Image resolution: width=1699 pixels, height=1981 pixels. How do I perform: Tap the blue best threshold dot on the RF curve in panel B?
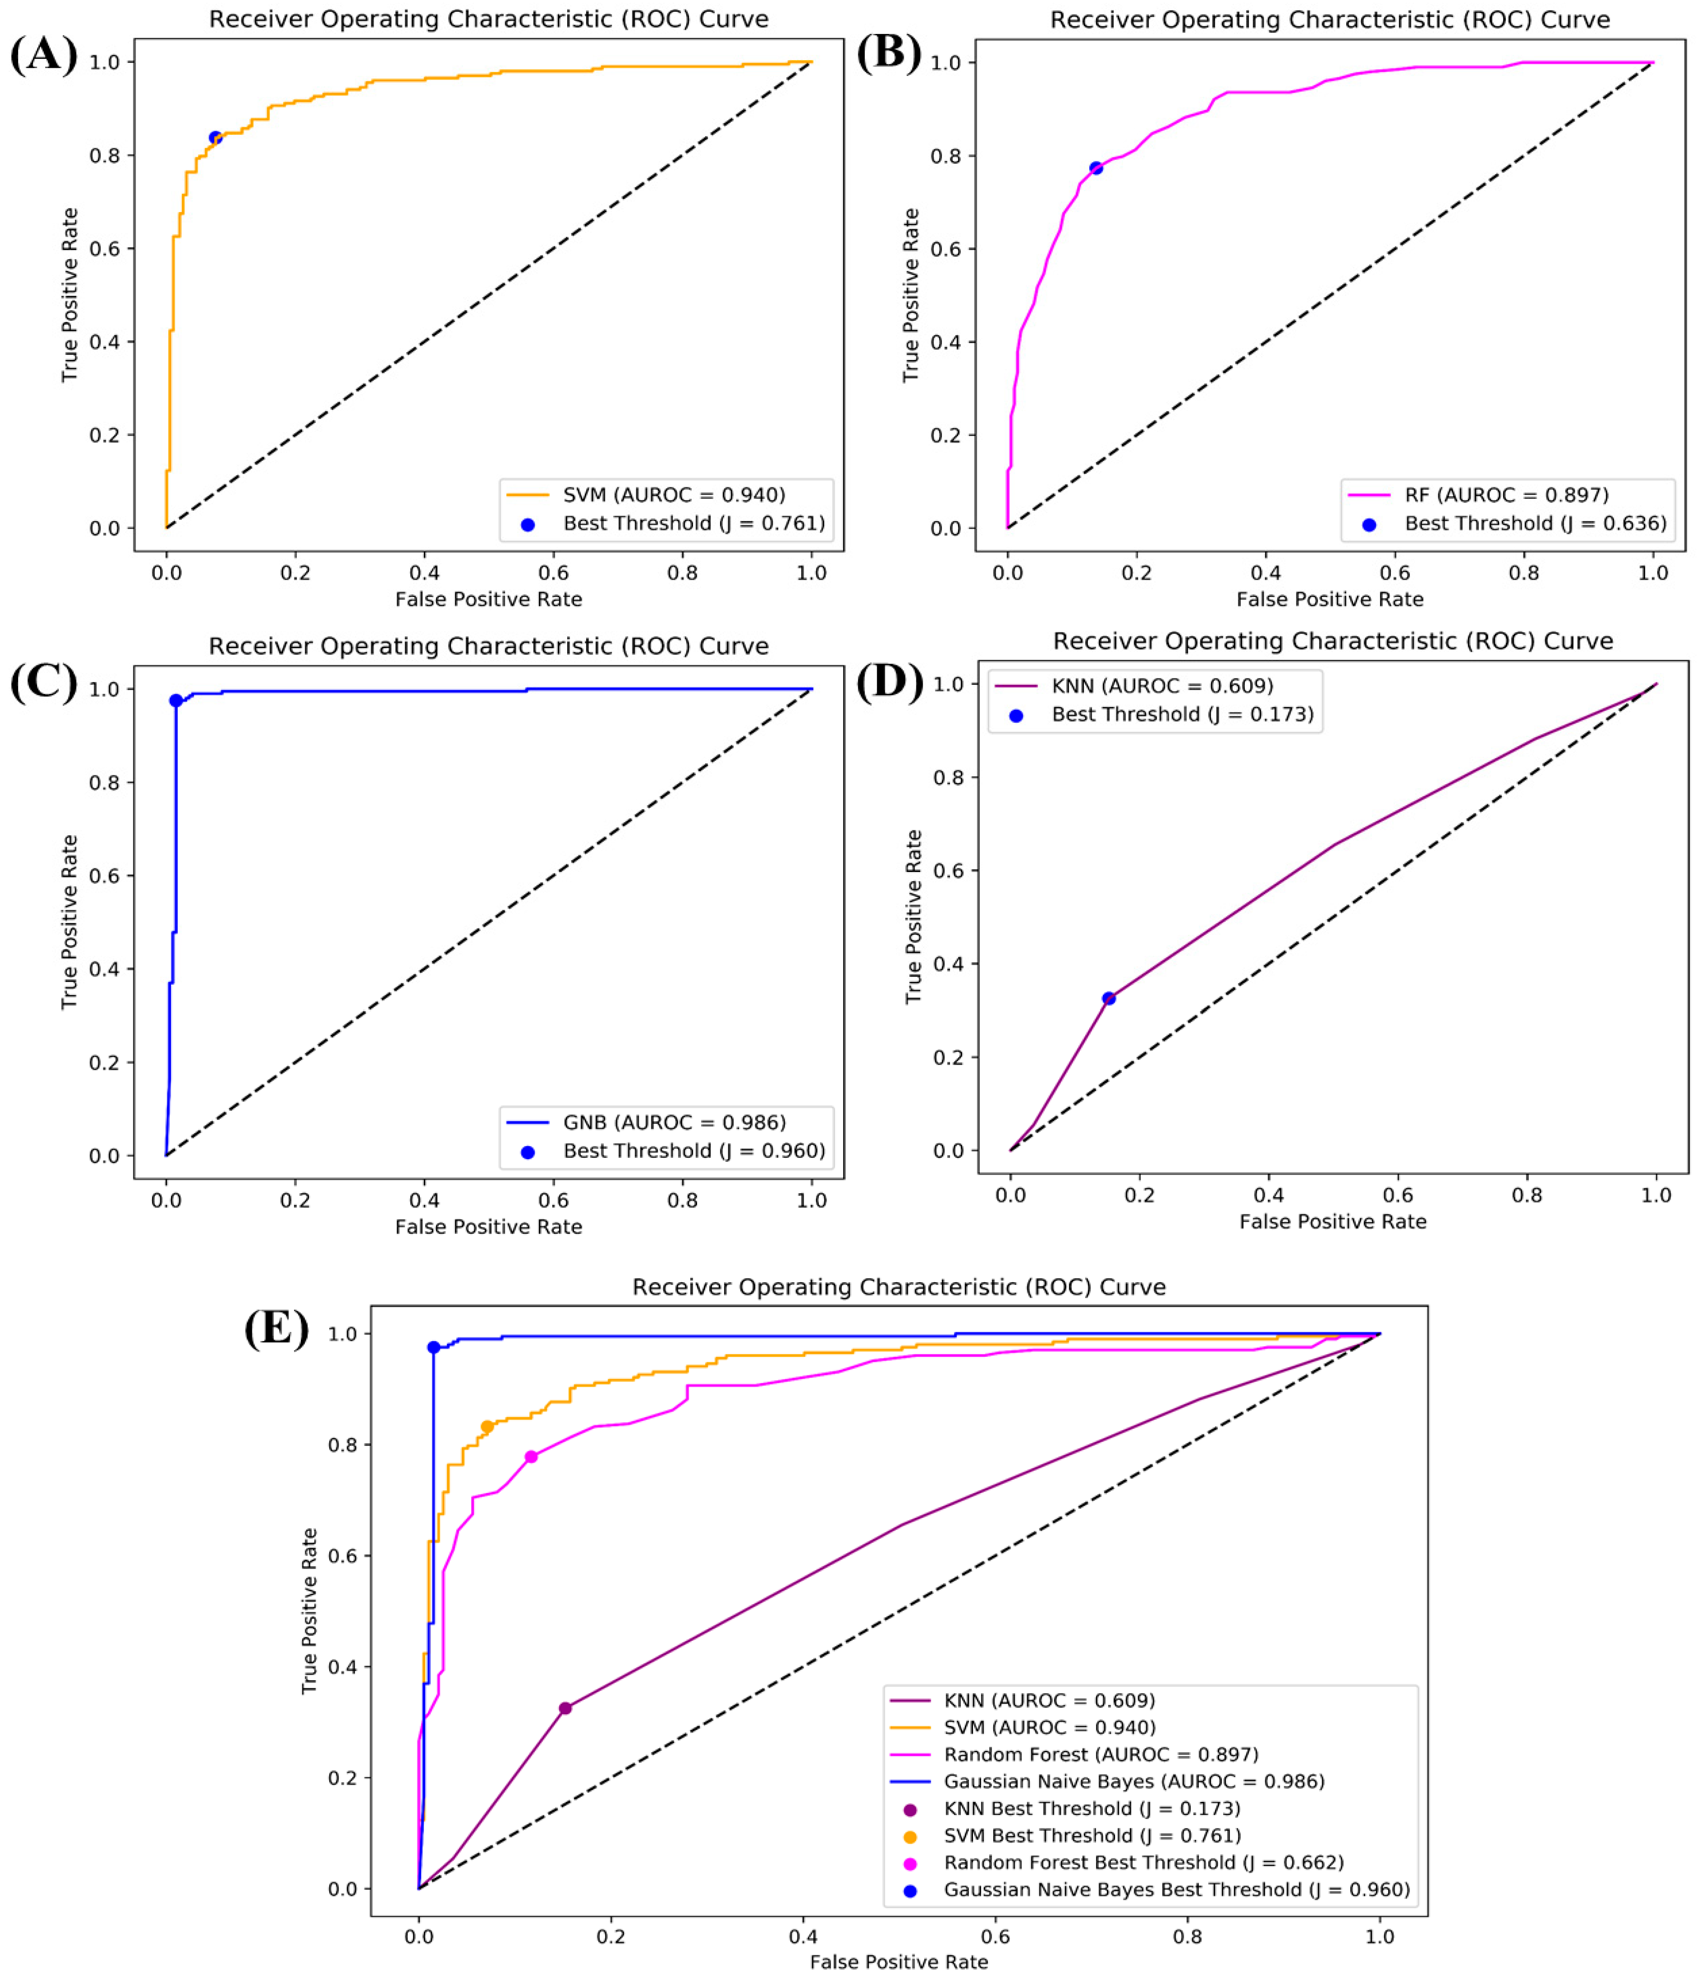(1096, 168)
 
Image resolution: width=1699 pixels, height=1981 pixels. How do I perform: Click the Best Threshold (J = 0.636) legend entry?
(1533, 523)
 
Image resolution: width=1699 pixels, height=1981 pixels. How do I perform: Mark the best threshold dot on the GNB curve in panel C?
(176, 701)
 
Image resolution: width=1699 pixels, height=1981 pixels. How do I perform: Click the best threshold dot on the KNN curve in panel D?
(1108, 998)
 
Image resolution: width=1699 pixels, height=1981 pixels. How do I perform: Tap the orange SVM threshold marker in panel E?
(487, 1427)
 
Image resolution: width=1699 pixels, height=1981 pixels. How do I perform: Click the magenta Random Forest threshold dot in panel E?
(532, 1457)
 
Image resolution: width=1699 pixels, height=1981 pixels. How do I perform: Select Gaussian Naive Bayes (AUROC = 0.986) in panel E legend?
(1133, 1781)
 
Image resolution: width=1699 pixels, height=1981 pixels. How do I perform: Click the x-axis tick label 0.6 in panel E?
(995, 1936)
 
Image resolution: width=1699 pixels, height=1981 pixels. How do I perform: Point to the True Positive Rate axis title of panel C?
(69, 921)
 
